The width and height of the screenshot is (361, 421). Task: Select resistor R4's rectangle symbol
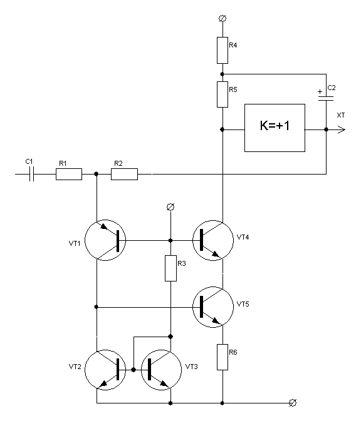tap(222, 50)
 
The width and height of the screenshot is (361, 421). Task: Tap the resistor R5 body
tap(222, 94)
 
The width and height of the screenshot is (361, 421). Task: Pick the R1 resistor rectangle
tap(69, 174)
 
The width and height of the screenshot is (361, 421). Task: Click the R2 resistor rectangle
tap(124, 174)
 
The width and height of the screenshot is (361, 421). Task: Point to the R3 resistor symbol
tap(170, 268)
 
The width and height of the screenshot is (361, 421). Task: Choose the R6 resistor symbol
tap(222, 357)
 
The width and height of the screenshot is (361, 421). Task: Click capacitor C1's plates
tap(31, 174)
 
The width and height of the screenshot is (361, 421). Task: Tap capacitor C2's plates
tap(326, 99)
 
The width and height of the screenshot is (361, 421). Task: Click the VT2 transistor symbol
tap(105, 370)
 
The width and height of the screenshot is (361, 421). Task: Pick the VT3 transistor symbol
tap(162, 370)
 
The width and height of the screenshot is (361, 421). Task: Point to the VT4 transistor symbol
tap(213, 240)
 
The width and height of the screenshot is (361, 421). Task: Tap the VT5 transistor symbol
tap(213, 307)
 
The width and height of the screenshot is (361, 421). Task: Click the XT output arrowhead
tap(342, 129)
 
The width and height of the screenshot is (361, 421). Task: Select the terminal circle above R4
tap(222, 19)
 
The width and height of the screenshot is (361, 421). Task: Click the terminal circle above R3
tap(170, 207)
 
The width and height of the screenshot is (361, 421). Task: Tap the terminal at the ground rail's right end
tap(293, 403)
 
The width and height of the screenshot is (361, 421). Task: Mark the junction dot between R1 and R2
tap(97, 174)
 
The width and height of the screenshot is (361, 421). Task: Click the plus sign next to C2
tap(320, 91)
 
